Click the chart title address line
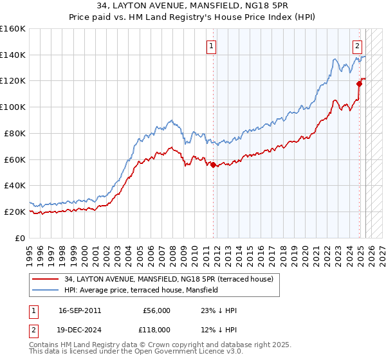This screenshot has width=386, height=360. click(193, 6)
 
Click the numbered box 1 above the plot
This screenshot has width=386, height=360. click(211, 45)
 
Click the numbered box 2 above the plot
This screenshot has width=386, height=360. click(358, 45)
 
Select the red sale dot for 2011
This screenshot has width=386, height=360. click(213, 165)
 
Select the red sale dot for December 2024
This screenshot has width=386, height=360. click(359, 83)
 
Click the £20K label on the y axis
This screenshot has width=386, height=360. click(15, 212)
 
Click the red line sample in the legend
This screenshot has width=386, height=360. click(46, 279)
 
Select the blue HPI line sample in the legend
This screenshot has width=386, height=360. click(46, 290)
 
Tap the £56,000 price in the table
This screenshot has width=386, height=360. click(157, 310)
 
